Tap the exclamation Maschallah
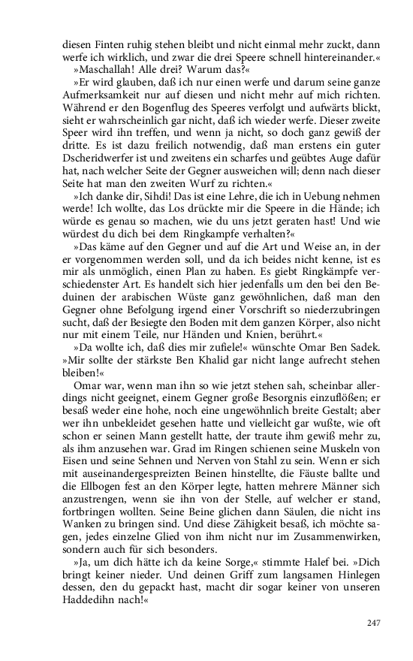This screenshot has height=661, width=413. [102, 70]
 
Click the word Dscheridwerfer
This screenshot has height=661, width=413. [97, 159]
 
